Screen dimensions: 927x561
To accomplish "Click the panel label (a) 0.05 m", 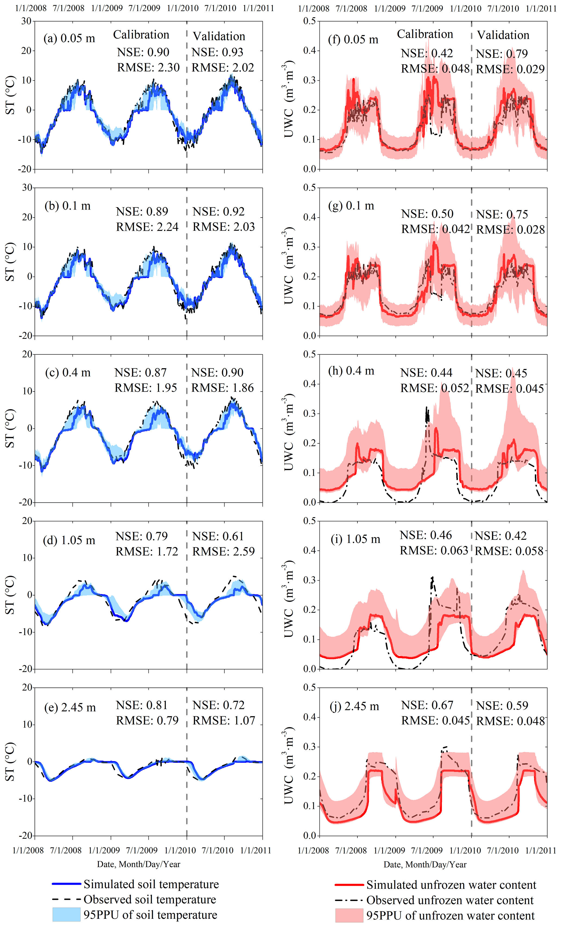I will tap(69, 38).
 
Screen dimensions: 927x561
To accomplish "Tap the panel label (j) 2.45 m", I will tap(354, 706).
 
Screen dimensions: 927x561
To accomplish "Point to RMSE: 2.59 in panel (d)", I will tap(223, 551).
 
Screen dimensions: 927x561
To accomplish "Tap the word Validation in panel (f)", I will tap(503, 35).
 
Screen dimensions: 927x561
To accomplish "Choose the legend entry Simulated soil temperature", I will tap(151, 884).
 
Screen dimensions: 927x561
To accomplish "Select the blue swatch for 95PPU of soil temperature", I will tap(66, 915).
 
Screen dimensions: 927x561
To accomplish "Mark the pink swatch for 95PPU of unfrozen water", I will tap(349, 915).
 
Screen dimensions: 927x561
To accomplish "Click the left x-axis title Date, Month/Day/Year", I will tap(139, 864).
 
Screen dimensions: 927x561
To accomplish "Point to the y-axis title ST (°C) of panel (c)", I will tap(10, 428).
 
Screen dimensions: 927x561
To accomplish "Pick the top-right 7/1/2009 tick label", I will tap(427, 8).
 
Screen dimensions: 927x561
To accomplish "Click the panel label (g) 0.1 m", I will tap(351, 206).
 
